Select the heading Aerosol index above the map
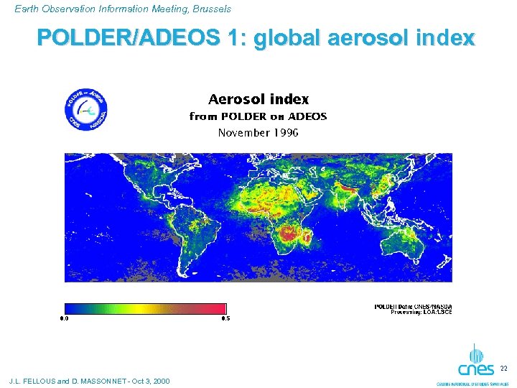point(258,99)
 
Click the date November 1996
point(258,132)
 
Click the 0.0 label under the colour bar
point(64,318)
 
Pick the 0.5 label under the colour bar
point(225,318)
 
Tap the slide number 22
point(503,369)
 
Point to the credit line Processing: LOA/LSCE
point(421,312)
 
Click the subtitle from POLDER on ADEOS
point(258,116)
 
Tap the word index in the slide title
point(447,38)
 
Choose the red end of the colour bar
point(219,308)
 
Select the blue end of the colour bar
point(70,308)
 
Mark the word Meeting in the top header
point(156,9)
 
